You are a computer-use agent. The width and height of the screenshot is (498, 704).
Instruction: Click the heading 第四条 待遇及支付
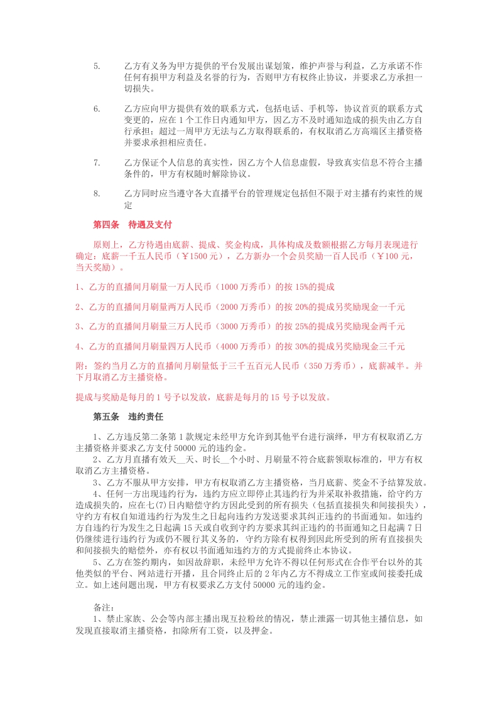point(132,224)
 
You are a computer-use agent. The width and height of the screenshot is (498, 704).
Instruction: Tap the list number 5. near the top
point(97,66)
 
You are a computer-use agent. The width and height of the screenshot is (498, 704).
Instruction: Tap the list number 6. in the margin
point(97,109)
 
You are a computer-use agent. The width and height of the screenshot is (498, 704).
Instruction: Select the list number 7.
point(97,163)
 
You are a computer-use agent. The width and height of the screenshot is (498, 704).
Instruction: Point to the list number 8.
point(97,194)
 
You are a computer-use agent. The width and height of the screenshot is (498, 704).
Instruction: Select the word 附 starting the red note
point(79,366)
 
